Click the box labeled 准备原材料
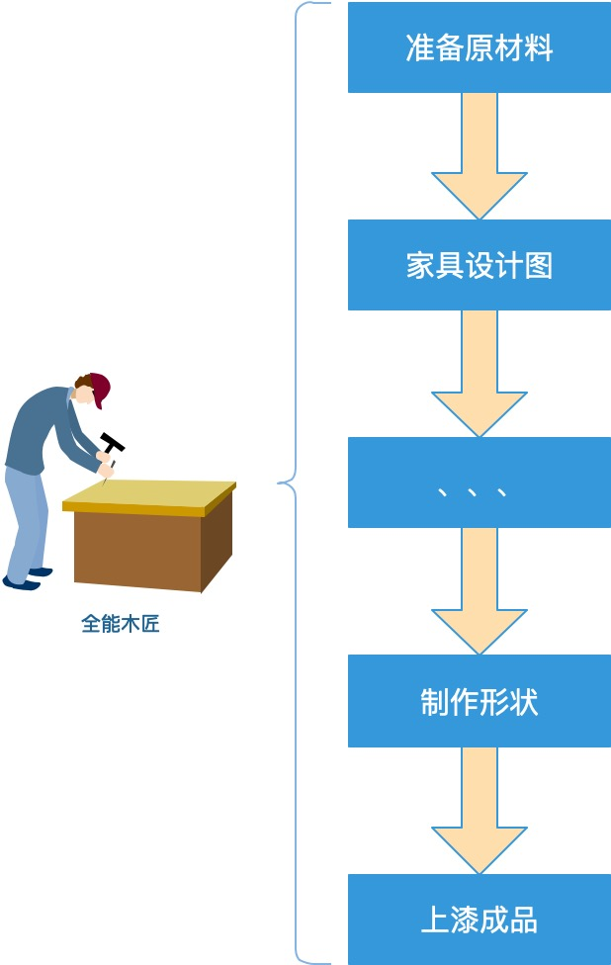point(480,47)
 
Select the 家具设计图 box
point(480,265)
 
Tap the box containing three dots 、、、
point(480,482)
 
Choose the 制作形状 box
point(480,701)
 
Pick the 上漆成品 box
point(480,919)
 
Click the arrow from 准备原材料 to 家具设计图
point(480,158)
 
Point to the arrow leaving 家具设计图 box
point(480,376)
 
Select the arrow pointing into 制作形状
point(480,593)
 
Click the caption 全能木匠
point(120,624)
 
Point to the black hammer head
point(112,444)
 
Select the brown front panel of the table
point(137,549)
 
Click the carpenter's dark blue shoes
point(24,581)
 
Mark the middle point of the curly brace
point(283,482)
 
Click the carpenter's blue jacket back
point(35,425)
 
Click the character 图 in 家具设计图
point(539,266)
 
